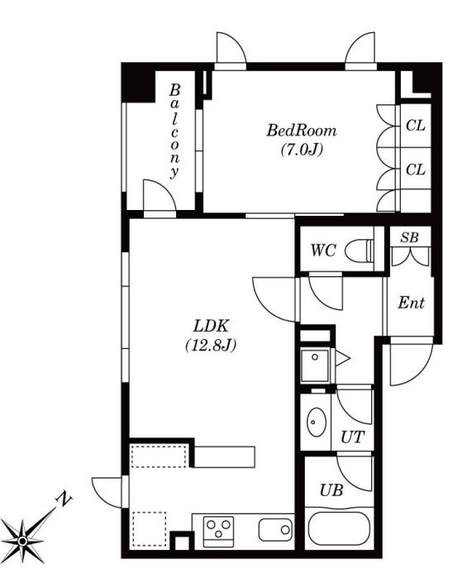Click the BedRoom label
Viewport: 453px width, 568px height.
pos(301,131)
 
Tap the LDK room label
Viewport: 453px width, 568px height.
pos(211,326)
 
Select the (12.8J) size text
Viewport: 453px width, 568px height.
pos(211,346)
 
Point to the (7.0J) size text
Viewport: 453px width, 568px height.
pos(302,150)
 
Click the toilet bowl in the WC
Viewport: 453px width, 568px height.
pos(359,251)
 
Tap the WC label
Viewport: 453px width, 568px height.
pos(323,251)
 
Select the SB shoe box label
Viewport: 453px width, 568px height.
pos(409,237)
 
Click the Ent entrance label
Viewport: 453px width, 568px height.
pos(411,303)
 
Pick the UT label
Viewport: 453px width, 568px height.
pos(352,437)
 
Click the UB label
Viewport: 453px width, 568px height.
pos(331,490)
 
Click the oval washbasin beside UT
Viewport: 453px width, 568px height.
pos(316,422)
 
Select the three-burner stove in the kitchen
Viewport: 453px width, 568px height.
pos(218,532)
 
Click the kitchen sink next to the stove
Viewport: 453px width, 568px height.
pos(275,530)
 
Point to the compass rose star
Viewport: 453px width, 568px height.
pos(22,542)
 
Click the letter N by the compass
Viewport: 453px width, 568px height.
pos(64,499)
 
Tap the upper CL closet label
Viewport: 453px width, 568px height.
pos(415,126)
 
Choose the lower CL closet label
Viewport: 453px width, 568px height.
pos(415,169)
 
